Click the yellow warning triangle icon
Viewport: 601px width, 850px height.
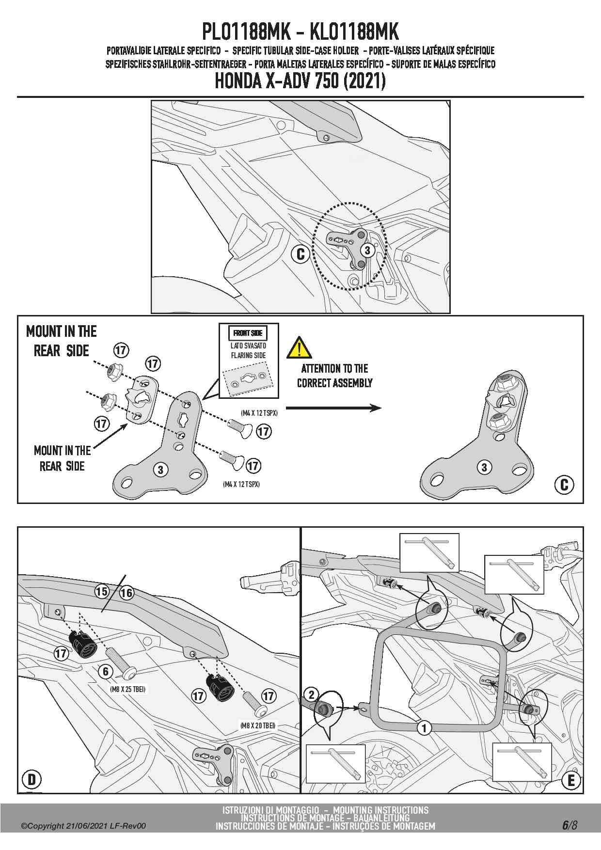[299, 347]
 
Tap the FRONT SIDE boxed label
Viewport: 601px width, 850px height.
[248, 333]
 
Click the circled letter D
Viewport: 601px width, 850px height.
[32, 779]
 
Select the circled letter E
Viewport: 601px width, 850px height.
[571, 780]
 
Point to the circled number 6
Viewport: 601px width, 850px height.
[106, 671]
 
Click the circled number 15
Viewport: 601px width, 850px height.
[102, 591]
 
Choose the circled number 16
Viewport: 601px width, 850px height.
[127, 593]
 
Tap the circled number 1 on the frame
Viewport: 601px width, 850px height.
[424, 728]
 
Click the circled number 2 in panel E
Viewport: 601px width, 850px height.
[312, 694]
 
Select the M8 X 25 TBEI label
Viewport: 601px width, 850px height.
[128, 689]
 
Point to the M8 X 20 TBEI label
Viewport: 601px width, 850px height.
[258, 725]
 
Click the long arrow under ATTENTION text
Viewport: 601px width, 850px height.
[333, 408]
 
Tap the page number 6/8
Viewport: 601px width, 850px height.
[569, 825]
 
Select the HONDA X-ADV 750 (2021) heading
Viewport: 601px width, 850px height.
[300, 81]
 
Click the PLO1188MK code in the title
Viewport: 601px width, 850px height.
[246, 32]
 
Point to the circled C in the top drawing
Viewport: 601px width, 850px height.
[300, 254]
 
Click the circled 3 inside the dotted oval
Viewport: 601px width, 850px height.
[367, 250]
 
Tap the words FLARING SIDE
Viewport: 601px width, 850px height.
[248, 355]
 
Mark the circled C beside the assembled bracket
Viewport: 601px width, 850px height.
[564, 485]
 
